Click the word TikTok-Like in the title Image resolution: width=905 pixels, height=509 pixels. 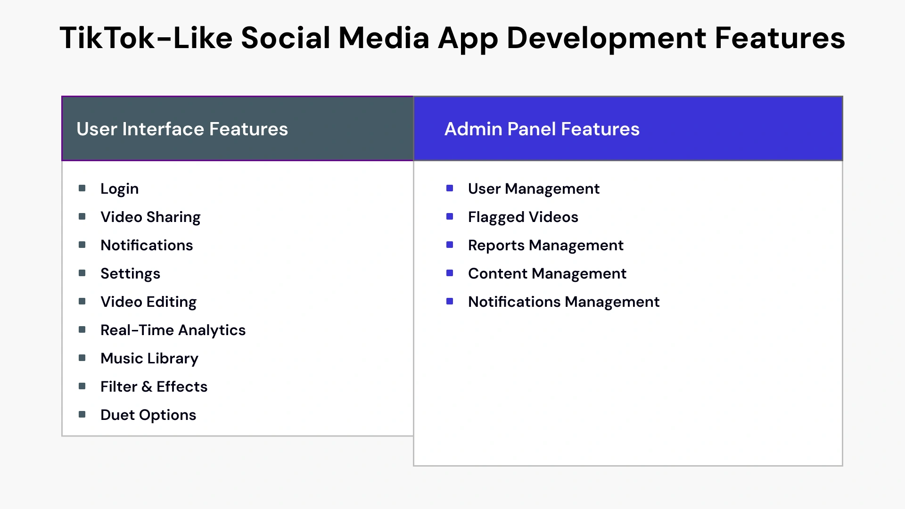pyautogui.click(x=146, y=38)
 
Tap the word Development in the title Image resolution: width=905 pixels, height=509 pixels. pyautogui.click(x=606, y=38)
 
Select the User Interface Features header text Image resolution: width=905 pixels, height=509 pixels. pyautogui.click(x=182, y=129)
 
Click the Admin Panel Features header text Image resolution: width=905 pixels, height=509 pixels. pyautogui.click(x=542, y=129)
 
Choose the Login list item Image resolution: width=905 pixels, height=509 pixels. pyautogui.click(x=119, y=189)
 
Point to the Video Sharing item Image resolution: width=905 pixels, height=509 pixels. pyautogui.click(x=150, y=217)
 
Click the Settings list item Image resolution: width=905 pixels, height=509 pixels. pyautogui.click(x=130, y=274)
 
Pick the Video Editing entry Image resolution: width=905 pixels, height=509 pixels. pyautogui.click(x=148, y=302)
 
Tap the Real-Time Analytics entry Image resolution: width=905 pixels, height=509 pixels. pyautogui.click(x=173, y=330)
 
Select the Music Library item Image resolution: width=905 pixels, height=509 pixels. pyautogui.click(x=149, y=359)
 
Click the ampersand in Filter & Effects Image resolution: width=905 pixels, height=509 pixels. pyautogui.click(x=147, y=387)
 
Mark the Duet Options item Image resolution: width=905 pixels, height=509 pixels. pyautogui.click(x=148, y=415)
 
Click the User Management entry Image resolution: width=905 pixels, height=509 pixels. pyautogui.click(x=534, y=189)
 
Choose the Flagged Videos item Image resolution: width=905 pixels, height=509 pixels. pyautogui.click(x=523, y=217)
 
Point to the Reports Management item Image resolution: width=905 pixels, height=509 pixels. pyautogui.click(x=545, y=246)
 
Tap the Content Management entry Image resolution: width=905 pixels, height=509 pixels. pyautogui.click(x=547, y=274)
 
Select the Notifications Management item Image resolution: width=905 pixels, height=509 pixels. pyautogui.click(x=564, y=302)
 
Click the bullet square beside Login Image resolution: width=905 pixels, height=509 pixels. pyautogui.click(x=82, y=189)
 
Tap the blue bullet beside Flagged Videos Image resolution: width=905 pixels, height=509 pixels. pyautogui.click(x=450, y=217)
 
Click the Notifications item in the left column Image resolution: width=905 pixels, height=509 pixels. pyautogui.click(x=147, y=246)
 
